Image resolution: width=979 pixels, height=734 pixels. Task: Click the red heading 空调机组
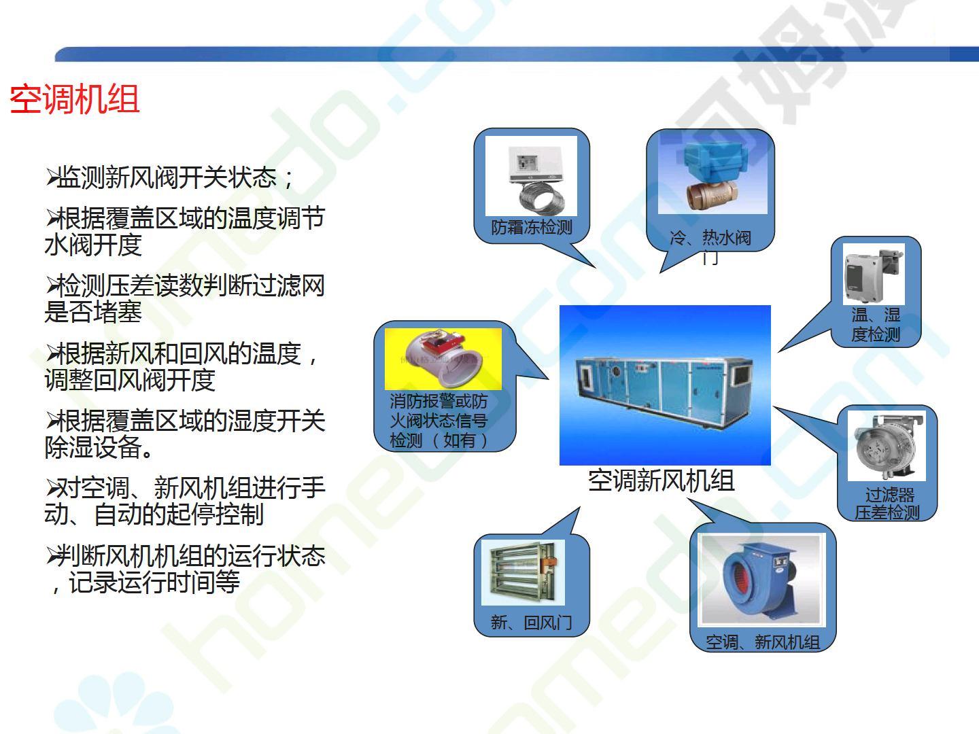(x=75, y=99)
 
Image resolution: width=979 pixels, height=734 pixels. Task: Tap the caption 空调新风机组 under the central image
(x=661, y=481)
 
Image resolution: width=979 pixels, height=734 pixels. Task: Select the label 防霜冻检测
(x=532, y=227)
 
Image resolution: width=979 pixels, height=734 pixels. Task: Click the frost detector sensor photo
(x=531, y=176)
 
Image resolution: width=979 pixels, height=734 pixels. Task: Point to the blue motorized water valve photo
(x=712, y=175)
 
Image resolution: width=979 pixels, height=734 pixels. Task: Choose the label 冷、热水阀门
(x=710, y=246)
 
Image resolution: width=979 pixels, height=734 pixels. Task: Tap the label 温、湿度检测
(x=876, y=324)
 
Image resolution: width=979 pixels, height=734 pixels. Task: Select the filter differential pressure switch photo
(x=887, y=446)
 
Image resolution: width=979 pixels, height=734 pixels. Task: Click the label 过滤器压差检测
(x=888, y=504)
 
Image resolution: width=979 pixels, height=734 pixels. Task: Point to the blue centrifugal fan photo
(x=761, y=579)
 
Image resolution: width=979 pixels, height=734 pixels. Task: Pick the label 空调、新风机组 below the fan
(x=763, y=642)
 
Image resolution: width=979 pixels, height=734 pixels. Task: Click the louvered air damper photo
(x=523, y=572)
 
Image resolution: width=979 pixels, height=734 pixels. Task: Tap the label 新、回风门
(x=531, y=622)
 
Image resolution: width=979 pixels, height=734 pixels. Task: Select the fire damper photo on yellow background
(x=443, y=360)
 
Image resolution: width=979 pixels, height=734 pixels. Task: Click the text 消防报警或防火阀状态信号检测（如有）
(x=439, y=421)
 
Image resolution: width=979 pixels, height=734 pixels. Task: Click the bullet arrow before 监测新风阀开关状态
(x=52, y=177)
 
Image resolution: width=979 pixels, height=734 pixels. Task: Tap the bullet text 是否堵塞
(x=93, y=311)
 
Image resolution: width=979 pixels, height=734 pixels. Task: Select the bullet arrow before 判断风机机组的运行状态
(x=52, y=556)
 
